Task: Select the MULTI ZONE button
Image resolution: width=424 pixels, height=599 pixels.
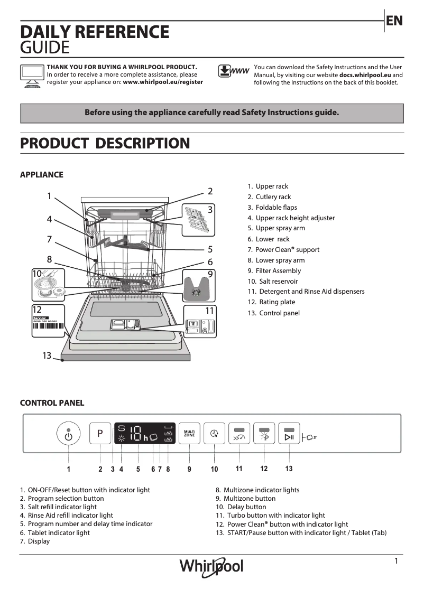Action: (189, 435)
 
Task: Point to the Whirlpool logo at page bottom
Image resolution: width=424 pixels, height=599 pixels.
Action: (211, 566)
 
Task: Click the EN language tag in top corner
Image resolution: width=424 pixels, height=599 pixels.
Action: (394, 21)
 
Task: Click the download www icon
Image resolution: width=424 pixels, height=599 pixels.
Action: (233, 71)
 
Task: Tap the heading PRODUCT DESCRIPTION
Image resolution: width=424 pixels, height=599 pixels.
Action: (105, 143)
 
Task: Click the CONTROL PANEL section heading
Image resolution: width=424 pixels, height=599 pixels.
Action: (52, 403)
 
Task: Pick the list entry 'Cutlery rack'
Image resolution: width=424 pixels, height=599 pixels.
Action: (273, 197)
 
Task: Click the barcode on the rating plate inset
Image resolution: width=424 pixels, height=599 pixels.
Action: (50, 326)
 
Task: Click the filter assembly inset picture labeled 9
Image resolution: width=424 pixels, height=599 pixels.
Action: (198, 284)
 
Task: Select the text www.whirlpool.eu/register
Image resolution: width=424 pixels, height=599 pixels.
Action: (163, 82)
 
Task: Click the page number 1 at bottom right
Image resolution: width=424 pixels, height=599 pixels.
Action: (396, 561)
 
